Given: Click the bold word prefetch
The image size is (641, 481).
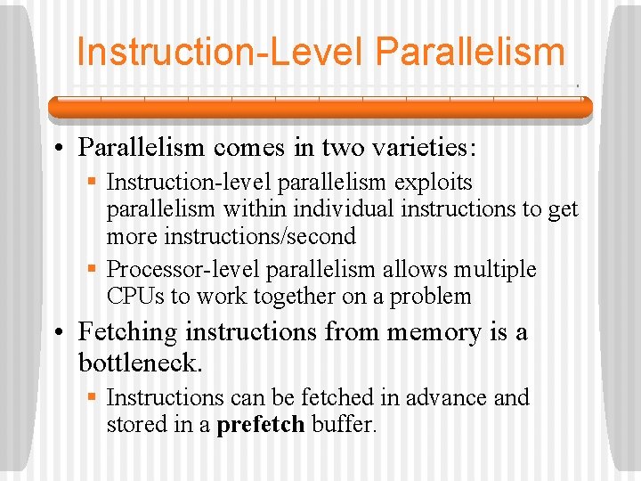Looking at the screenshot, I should click(261, 424).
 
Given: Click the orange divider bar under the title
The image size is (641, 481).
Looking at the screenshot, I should click(320, 108).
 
